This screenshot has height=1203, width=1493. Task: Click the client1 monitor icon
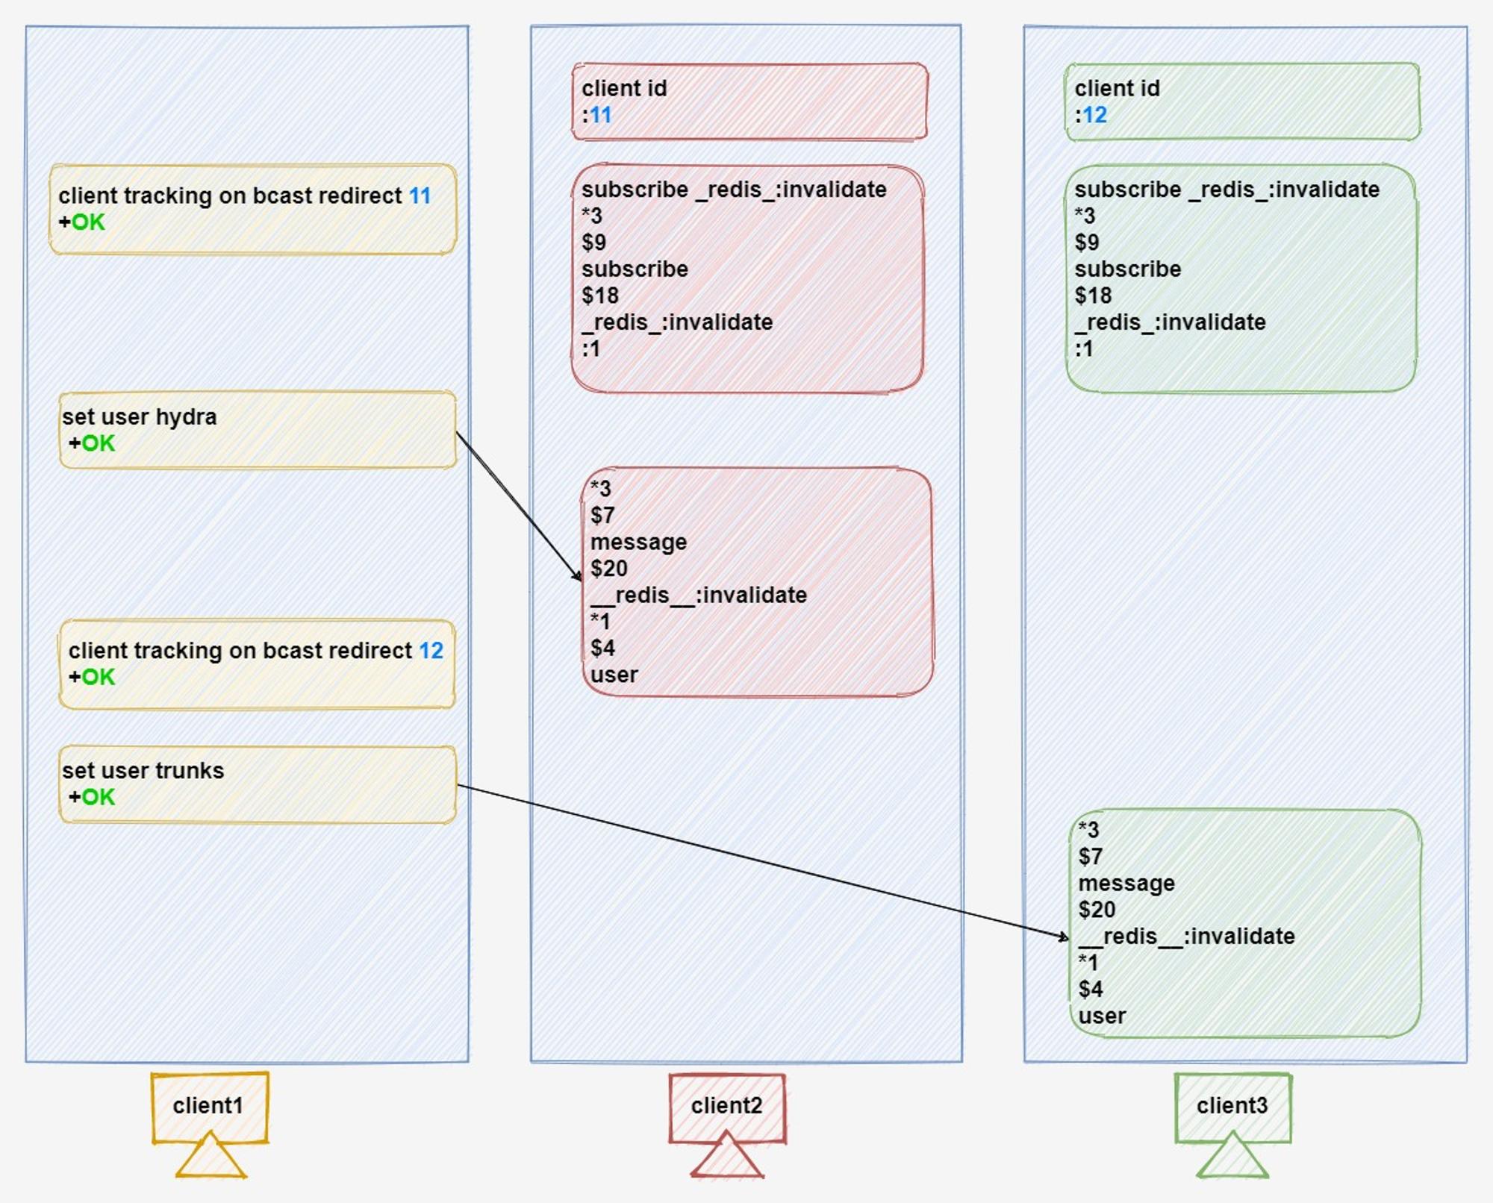[210, 1124]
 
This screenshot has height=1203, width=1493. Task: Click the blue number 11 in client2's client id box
[601, 115]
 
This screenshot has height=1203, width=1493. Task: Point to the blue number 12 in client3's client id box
[1094, 115]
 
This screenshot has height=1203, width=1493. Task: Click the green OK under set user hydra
[99, 443]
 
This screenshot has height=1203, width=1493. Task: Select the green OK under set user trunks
[99, 797]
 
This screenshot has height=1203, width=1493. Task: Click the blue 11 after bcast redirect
[420, 196]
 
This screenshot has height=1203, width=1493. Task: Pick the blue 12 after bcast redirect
[431, 651]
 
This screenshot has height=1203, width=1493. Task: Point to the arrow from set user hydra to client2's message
[519, 506]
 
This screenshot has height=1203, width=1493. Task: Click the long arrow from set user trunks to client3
[763, 861]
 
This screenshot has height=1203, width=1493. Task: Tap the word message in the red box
[638, 542]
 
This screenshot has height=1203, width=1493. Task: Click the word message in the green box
[1126, 883]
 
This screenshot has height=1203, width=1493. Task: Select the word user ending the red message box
[614, 675]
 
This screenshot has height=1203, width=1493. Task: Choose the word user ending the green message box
[1102, 1016]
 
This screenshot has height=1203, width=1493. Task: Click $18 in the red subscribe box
[600, 296]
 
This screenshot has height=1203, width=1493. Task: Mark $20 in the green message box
[1097, 910]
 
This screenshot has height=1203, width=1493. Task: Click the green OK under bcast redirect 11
[89, 222]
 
